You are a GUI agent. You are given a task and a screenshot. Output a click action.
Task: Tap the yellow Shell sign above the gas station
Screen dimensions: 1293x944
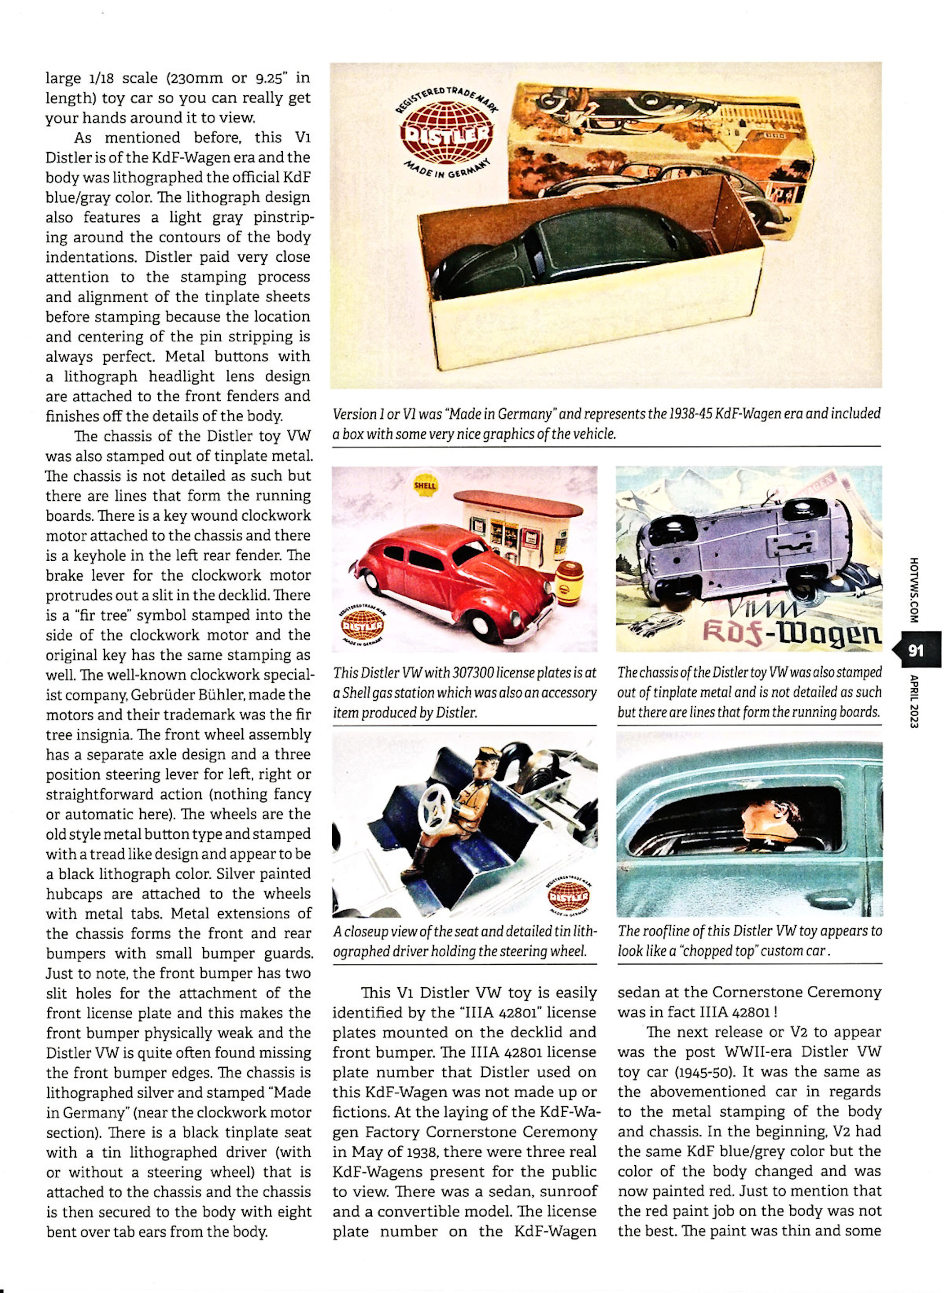[x=424, y=485]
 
